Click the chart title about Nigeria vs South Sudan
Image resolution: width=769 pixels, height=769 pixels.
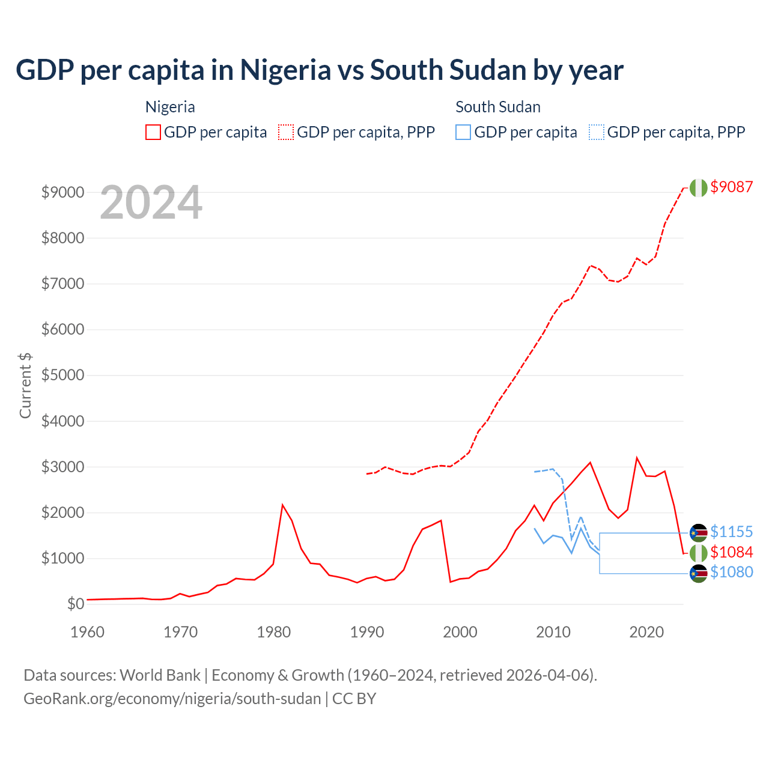[x=319, y=70]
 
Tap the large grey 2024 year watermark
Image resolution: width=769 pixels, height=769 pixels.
[x=151, y=202]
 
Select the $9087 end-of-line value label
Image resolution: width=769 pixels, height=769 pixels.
[x=731, y=187]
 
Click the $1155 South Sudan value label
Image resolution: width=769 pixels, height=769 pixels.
[x=731, y=532]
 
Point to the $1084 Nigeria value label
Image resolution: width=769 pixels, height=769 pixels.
[x=731, y=552]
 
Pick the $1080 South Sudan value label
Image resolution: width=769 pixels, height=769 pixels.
[x=731, y=572]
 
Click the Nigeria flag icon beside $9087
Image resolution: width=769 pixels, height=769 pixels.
[x=698, y=187]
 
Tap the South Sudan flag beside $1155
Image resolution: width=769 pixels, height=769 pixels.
[x=698, y=532]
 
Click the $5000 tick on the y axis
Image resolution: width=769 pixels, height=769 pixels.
[x=62, y=375]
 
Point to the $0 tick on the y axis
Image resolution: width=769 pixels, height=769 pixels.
[x=75, y=604]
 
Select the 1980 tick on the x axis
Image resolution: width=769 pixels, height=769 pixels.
[x=274, y=632]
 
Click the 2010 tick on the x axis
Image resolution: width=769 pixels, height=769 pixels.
[x=553, y=632]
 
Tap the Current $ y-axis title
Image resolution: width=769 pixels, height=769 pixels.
[x=25, y=386]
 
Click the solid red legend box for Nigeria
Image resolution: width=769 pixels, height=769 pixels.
[x=153, y=132]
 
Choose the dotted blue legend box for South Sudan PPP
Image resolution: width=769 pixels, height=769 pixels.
[x=597, y=132]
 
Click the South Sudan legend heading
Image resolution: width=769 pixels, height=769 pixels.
[x=497, y=107]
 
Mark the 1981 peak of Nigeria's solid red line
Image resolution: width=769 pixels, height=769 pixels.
[x=282, y=505]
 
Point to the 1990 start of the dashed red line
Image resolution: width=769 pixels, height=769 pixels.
[x=367, y=474]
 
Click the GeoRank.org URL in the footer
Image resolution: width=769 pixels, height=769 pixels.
[x=172, y=699]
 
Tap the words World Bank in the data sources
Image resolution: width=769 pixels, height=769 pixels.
[x=160, y=675]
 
